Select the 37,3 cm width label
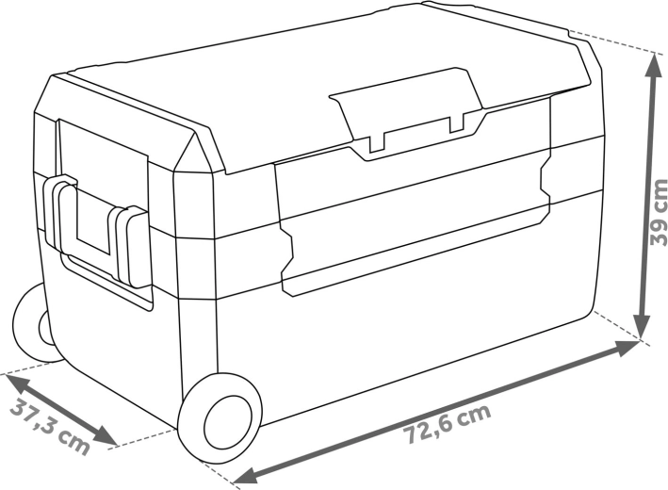click(50, 426)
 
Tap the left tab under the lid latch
click(377, 142)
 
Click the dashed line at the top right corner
click(612, 43)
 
